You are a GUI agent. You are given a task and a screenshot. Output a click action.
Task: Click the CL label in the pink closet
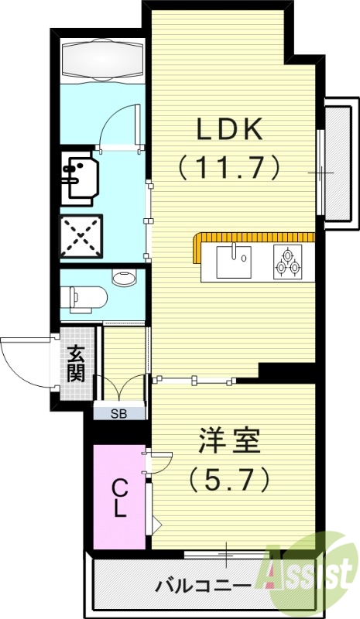120,497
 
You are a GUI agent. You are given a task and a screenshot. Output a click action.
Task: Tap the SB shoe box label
118,412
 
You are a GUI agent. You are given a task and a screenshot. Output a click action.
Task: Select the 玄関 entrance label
76,363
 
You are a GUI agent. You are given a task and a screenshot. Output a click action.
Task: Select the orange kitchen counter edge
255,236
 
